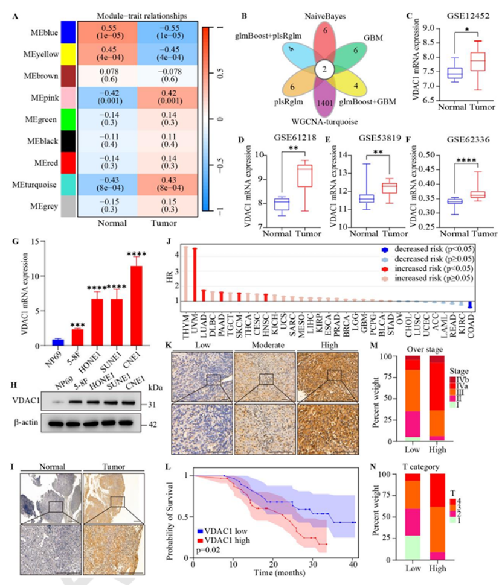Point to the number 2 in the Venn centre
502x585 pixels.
pyautogui.click(x=325, y=69)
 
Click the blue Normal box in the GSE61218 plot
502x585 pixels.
pyautogui.click(x=282, y=204)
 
